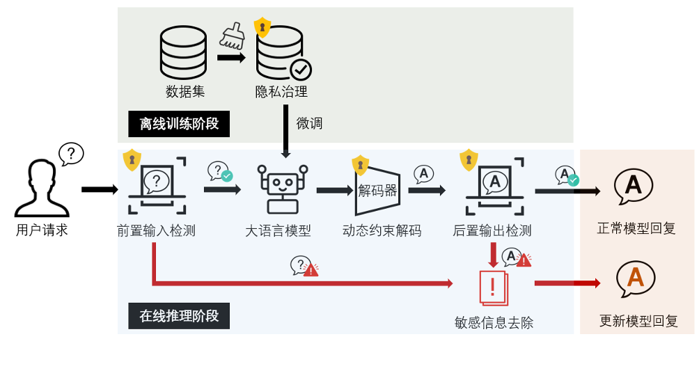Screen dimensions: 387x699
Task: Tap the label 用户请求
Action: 42,230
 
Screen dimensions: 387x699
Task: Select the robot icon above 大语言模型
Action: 282,188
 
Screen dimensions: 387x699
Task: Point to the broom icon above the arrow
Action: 232,35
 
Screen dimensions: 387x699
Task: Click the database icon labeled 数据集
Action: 183,53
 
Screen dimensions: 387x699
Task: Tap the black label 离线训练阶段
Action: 179,124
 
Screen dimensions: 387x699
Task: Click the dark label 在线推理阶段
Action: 179,316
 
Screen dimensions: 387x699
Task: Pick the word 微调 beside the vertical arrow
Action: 309,123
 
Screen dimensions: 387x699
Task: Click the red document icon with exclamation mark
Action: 494,287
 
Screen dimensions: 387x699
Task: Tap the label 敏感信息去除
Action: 494,323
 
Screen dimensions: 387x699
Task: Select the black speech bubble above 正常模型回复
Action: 633,186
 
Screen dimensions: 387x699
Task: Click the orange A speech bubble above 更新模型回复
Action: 635,278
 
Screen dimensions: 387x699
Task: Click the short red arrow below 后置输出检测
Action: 493,255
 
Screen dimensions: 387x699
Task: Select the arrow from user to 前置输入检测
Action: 100,189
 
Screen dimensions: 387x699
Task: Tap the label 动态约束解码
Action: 382,231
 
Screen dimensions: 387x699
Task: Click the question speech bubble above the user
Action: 71,154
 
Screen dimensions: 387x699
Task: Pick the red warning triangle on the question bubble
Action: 311,270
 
